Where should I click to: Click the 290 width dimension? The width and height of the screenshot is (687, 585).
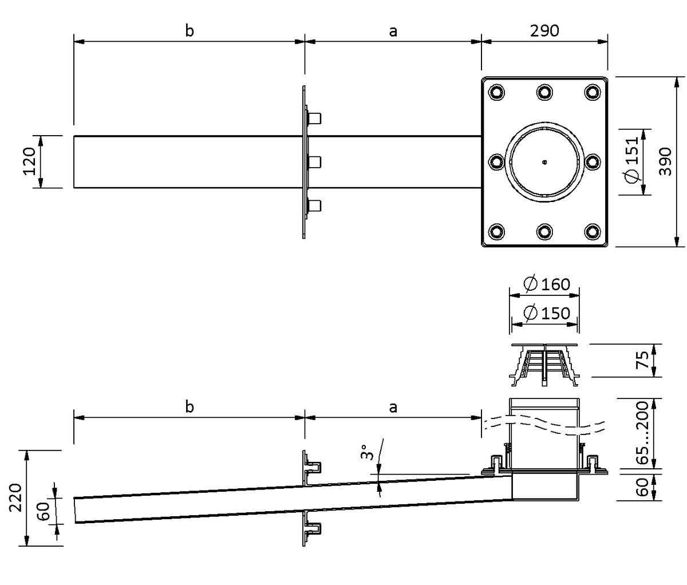click(544, 31)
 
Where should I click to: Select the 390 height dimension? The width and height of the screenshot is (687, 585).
click(664, 161)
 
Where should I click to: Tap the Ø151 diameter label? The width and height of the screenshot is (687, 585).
click(631, 160)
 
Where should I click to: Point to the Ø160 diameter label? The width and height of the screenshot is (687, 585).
click(547, 284)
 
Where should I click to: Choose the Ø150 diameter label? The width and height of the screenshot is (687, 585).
click(547, 313)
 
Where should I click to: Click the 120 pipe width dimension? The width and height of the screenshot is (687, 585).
click(30, 161)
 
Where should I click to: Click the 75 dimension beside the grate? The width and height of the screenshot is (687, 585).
click(643, 360)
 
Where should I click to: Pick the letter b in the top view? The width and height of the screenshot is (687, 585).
click(189, 31)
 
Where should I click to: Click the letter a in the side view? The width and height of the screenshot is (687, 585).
click(393, 407)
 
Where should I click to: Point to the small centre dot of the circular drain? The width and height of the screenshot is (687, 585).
click(544, 162)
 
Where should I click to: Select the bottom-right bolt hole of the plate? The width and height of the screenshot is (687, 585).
click(591, 232)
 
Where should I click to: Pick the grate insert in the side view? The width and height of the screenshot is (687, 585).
click(544, 361)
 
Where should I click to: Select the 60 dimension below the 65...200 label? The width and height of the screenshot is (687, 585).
click(643, 486)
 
